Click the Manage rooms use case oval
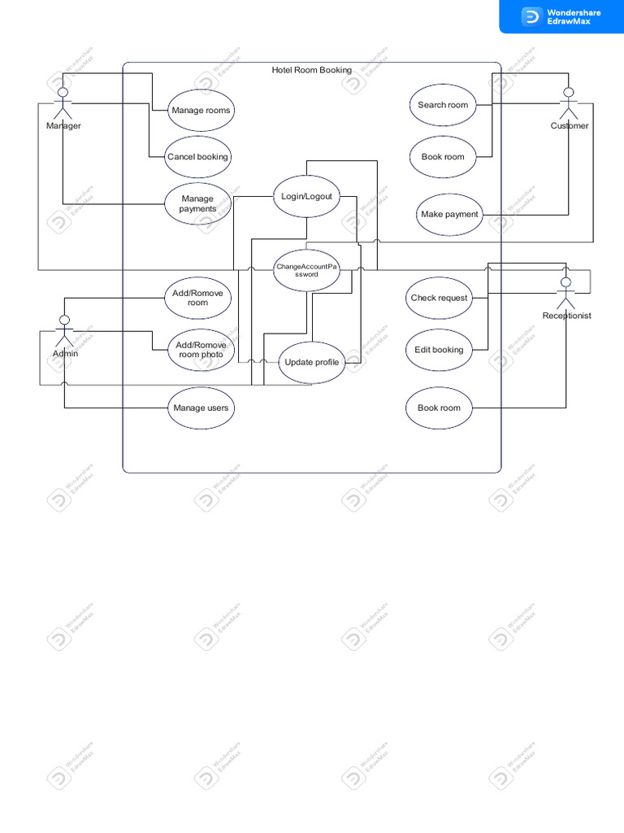point(201,111)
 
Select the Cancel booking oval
point(198,157)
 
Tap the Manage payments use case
point(197,203)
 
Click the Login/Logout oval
point(306,196)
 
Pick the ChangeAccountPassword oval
point(306,270)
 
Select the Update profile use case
point(312,362)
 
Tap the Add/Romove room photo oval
point(200,350)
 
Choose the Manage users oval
point(201,408)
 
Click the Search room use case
point(443,105)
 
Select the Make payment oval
point(449,215)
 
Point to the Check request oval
point(439,298)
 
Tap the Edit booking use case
point(439,350)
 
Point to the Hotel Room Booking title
point(312,70)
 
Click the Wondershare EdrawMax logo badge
point(561,16)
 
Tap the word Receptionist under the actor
point(566,316)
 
